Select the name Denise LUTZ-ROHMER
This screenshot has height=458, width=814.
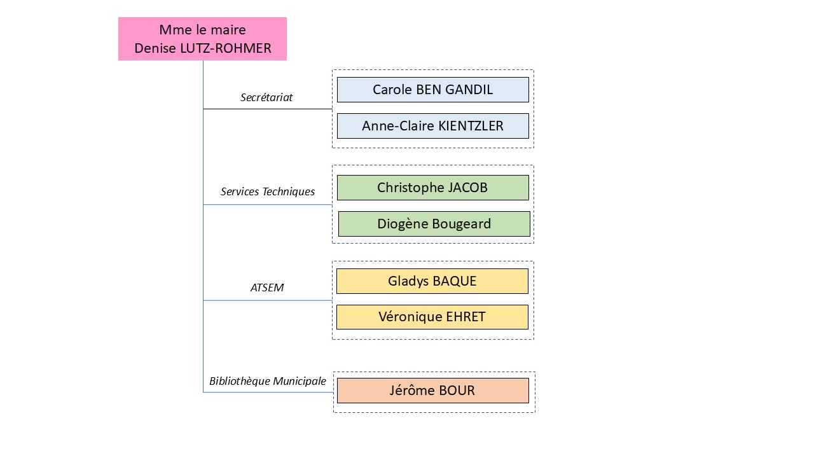coord(202,48)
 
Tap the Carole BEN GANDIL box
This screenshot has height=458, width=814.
coord(432,90)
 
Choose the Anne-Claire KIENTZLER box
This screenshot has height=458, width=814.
coord(432,126)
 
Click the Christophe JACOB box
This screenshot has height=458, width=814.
coord(432,188)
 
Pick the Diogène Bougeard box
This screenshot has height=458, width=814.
coord(434,224)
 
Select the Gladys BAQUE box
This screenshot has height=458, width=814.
coord(432,281)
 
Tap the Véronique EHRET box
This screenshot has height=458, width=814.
coord(432,317)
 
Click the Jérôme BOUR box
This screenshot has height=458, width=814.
coord(432,391)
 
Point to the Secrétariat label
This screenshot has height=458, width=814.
coord(266,97)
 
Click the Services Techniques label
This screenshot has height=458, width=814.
coord(268,191)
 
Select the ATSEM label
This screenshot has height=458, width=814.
coord(267,288)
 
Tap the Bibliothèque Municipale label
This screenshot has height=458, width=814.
coord(268,381)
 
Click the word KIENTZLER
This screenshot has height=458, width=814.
coord(471,126)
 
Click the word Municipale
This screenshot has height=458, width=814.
coord(299,381)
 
